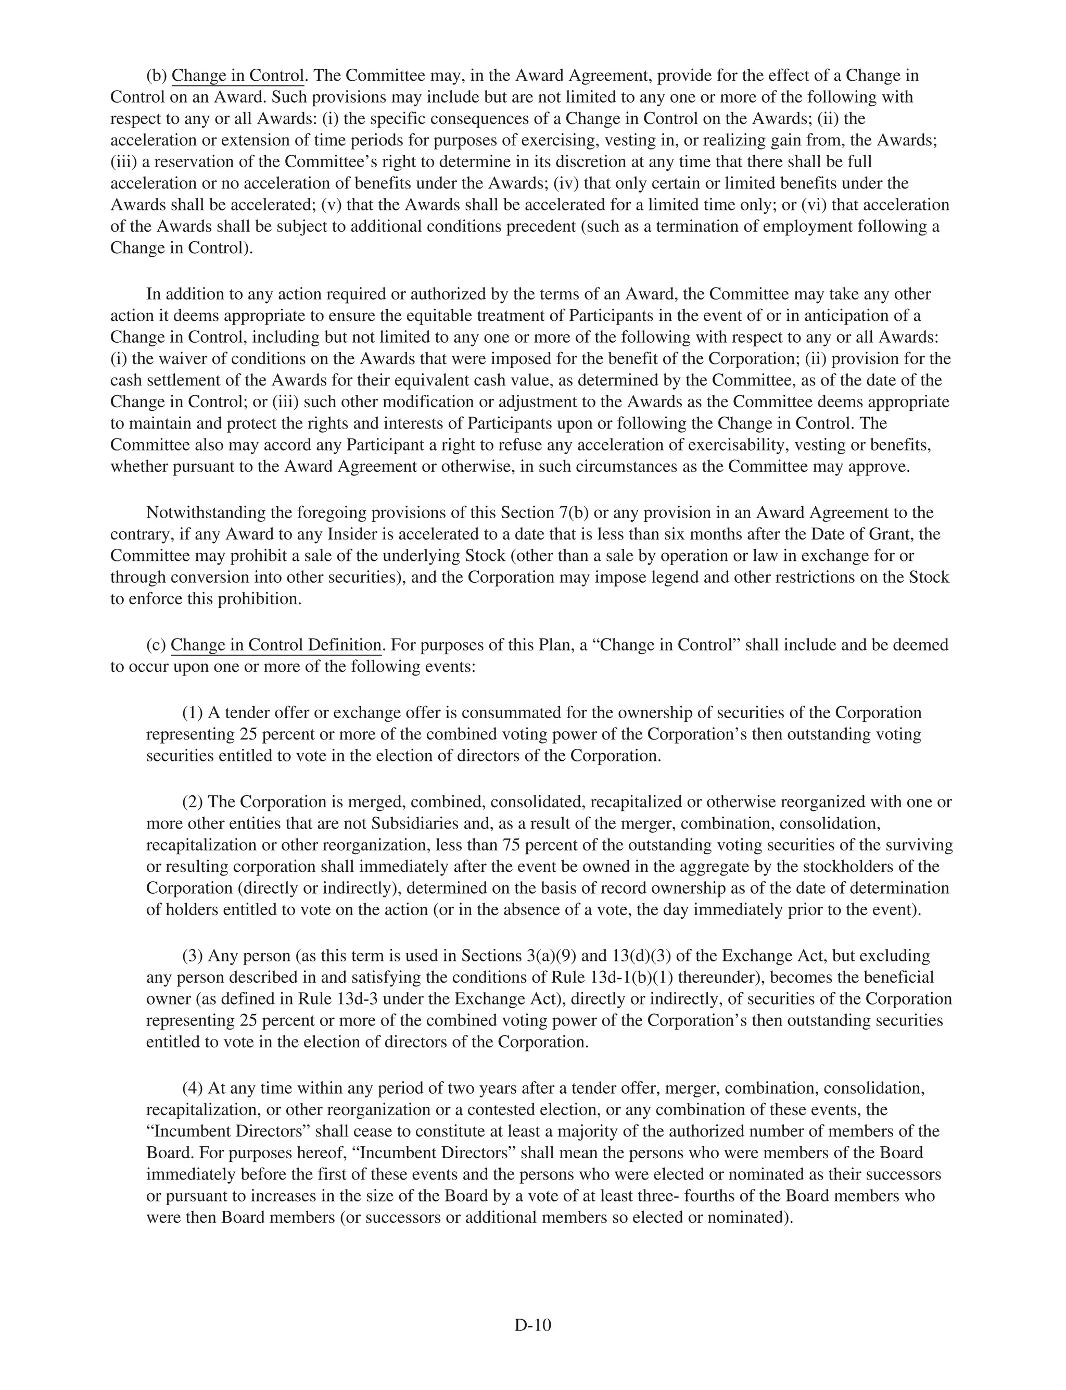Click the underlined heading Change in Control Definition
[x=276, y=645]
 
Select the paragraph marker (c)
[x=156, y=645]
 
